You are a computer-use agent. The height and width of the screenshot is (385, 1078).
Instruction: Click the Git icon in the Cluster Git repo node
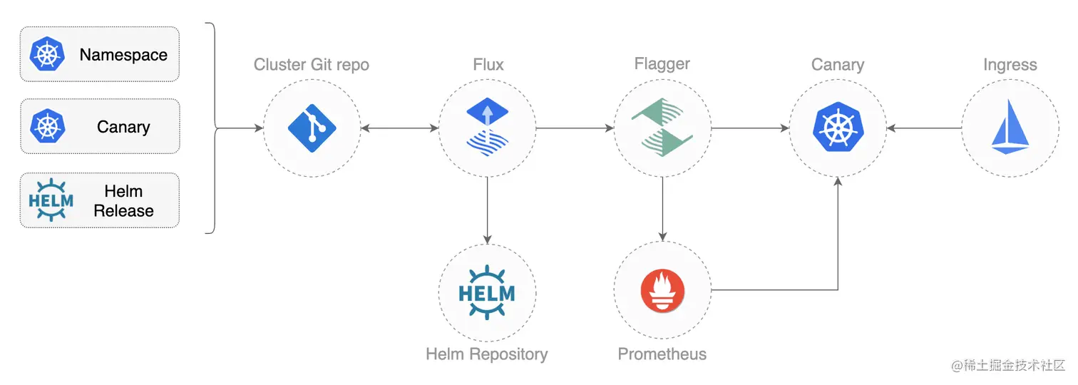pyautogui.click(x=312, y=129)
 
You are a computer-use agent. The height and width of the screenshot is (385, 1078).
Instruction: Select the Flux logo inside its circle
pyautogui.click(x=487, y=127)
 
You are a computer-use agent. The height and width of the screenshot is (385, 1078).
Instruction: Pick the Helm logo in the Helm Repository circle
pyautogui.click(x=487, y=292)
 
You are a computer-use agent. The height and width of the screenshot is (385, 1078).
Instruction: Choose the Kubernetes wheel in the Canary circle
pyautogui.click(x=838, y=129)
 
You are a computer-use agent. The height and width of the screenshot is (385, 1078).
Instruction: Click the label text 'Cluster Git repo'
pyautogui.click(x=312, y=65)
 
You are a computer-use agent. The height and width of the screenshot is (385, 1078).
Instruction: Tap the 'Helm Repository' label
pyautogui.click(x=487, y=354)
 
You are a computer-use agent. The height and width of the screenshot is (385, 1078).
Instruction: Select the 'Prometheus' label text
pyautogui.click(x=662, y=354)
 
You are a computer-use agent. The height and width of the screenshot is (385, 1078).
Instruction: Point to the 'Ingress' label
pyautogui.click(x=1010, y=65)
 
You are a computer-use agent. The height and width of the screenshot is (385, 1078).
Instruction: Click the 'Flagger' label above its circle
pyautogui.click(x=662, y=64)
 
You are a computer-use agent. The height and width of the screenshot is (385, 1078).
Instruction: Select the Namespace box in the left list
pyautogui.click(x=99, y=55)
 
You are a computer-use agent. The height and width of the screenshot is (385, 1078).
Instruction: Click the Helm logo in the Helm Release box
pyautogui.click(x=51, y=200)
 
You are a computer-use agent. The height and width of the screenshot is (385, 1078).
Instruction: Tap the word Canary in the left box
pyautogui.click(x=123, y=128)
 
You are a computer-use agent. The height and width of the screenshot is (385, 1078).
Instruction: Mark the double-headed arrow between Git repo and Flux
pyautogui.click(x=399, y=129)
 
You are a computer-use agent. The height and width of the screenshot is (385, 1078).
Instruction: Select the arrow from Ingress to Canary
pyautogui.click(x=924, y=129)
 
